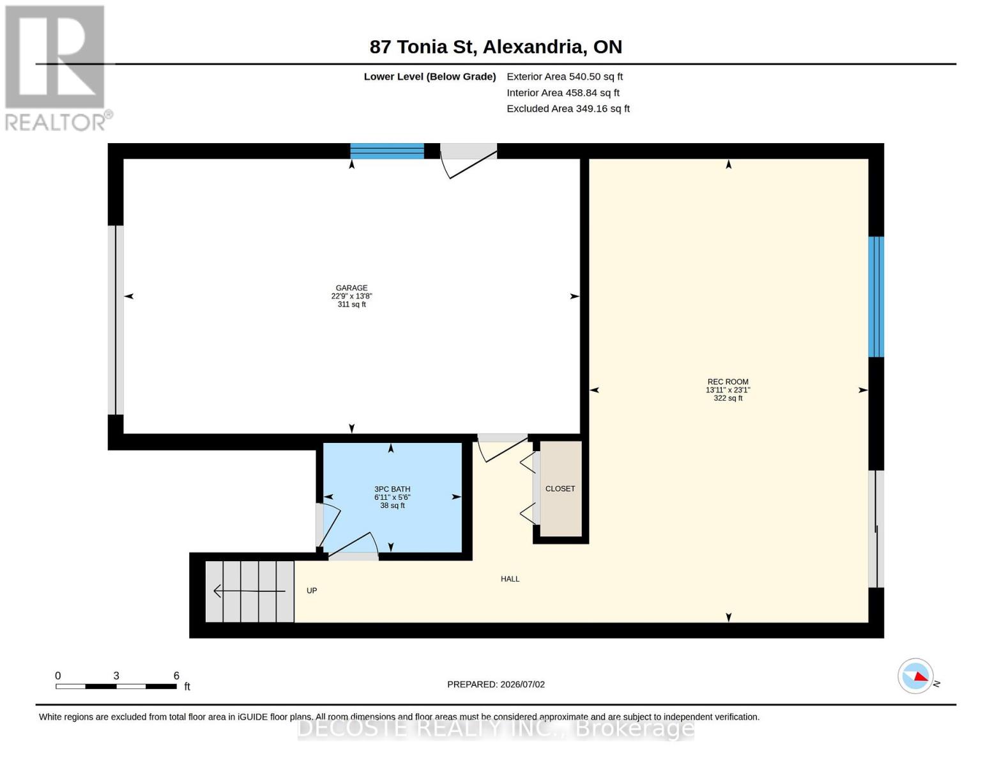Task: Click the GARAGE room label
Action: pyautogui.click(x=351, y=288)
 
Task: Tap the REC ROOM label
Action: pyautogui.click(x=728, y=382)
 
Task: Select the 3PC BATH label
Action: pyautogui.click(x=392, y=489)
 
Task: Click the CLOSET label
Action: pyautogui.click(x=560, y=489)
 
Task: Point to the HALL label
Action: pyautogui.click(x=510, y=579)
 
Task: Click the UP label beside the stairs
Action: pyautogui.click(x=312, y=591)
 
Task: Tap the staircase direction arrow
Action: pyautogui.click(x=250, y=591)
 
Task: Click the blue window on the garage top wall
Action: pyautogui.click(x=387, y=151)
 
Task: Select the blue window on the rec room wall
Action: pyautogui.click(x=876, y=297)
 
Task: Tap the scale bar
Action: pyautogui.click(x=116, y=686)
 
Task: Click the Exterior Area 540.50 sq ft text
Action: pyautogui.click(x=565, y=77)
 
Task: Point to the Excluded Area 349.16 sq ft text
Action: pyautogui.click(x=568, y=109)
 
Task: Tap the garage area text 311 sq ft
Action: pyautogui.click(x=351, y=305)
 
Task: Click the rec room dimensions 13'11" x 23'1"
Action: pyautogui.click(x=728, y=390)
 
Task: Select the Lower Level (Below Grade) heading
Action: pyautogui.click(x=430, y=77)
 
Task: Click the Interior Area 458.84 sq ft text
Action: pyautogui.click(x=563, y=93)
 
